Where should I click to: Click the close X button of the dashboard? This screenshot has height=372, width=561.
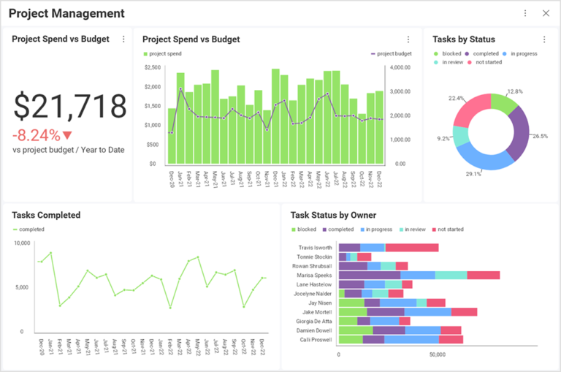546,13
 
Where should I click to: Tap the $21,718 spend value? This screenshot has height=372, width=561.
70,107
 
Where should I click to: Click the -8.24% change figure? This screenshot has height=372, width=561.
37,135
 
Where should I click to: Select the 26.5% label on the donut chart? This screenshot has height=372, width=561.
540,136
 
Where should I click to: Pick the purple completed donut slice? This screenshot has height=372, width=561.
519,129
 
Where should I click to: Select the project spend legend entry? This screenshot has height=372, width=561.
165,53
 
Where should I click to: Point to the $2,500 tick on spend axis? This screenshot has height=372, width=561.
152,68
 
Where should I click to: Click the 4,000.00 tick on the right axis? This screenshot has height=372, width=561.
401,68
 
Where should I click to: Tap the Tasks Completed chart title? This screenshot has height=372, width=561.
46,215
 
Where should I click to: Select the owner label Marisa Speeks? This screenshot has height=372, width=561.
315,275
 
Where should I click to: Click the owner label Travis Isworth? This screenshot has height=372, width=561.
315,248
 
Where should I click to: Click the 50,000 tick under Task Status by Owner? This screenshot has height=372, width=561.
437,354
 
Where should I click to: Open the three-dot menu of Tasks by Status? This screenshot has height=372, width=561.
544,39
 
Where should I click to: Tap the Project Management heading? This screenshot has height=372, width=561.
66,13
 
